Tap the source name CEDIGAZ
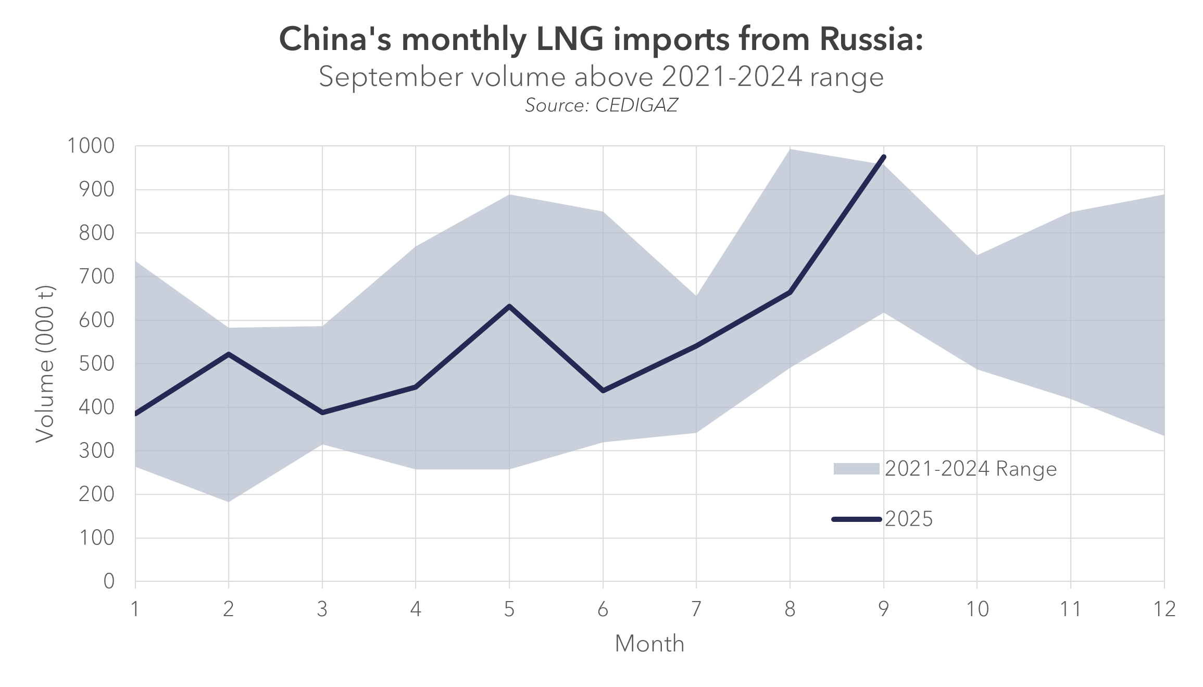[636, 106]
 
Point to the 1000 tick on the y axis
[91, 146]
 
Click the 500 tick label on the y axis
[96, 364]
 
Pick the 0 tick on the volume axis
[109, 581]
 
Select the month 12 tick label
[1164, 609]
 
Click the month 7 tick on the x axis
[696, 609]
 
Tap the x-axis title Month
[649, 644]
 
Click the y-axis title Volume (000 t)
[45, 364]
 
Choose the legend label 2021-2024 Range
[971, 469]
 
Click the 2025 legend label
[909, 519]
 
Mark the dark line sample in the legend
[857, 519]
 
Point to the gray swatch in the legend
[856, 469]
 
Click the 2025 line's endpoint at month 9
[884, 157]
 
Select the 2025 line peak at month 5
[509, 306]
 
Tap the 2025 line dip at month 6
[603, 391]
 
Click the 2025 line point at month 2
[229, 354]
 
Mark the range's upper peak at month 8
[790, 150]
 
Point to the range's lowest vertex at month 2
[229, 501]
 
